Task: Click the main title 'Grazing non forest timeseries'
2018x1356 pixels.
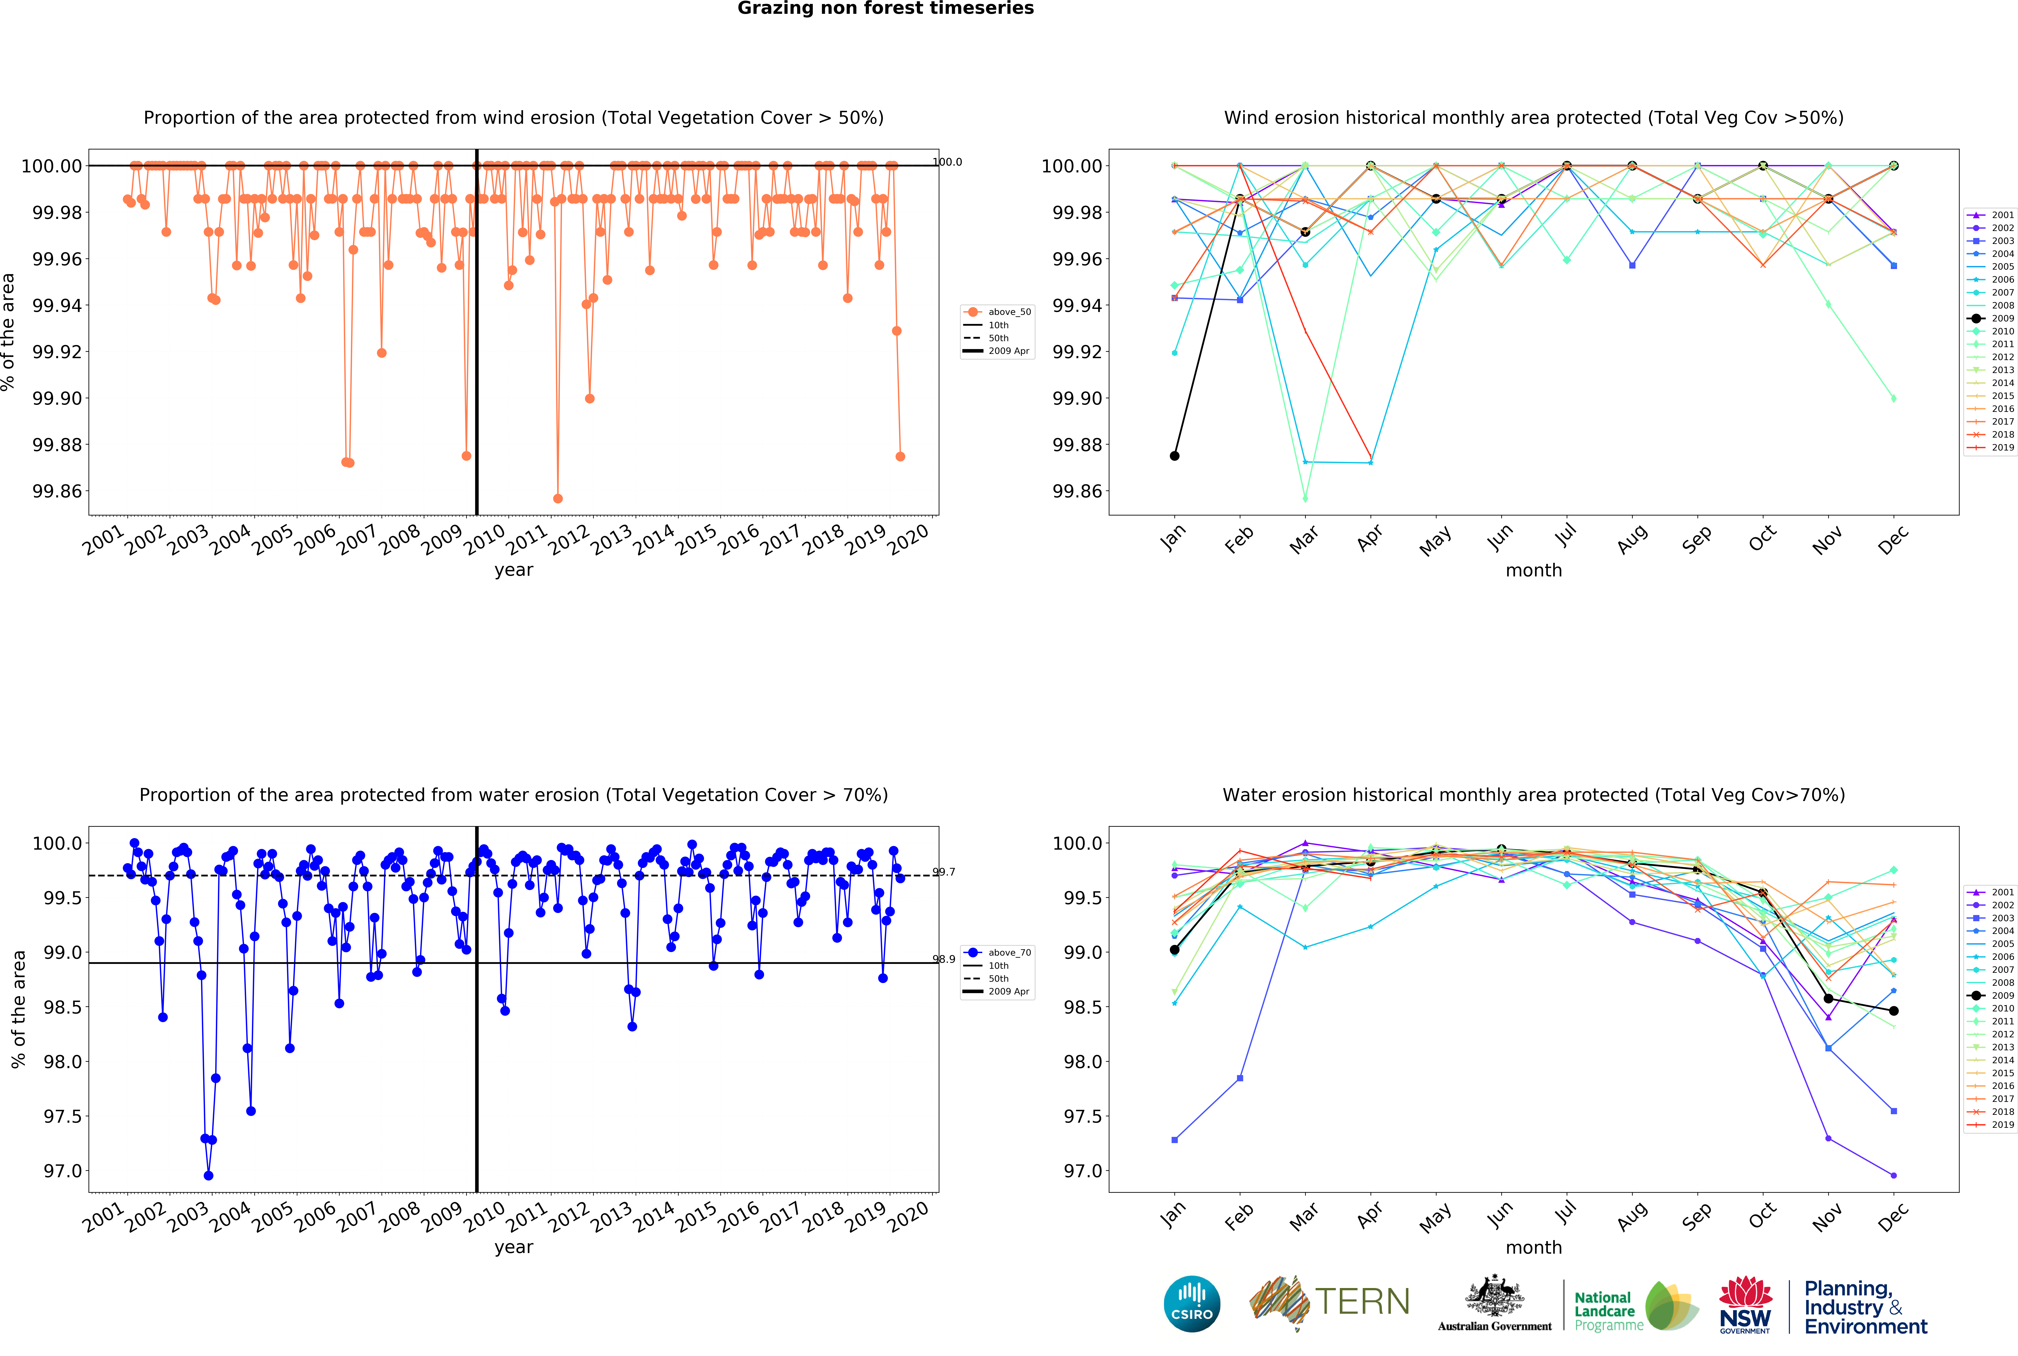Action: (x=885, y=9)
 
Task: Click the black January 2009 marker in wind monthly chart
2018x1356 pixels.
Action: (x=1174, y=456)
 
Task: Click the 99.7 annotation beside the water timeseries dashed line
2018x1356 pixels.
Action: (x=944, y=872)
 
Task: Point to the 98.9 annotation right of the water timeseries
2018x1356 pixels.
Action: (x=944, y=959)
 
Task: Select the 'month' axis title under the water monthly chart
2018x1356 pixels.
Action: (x=1534, y=1247)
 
